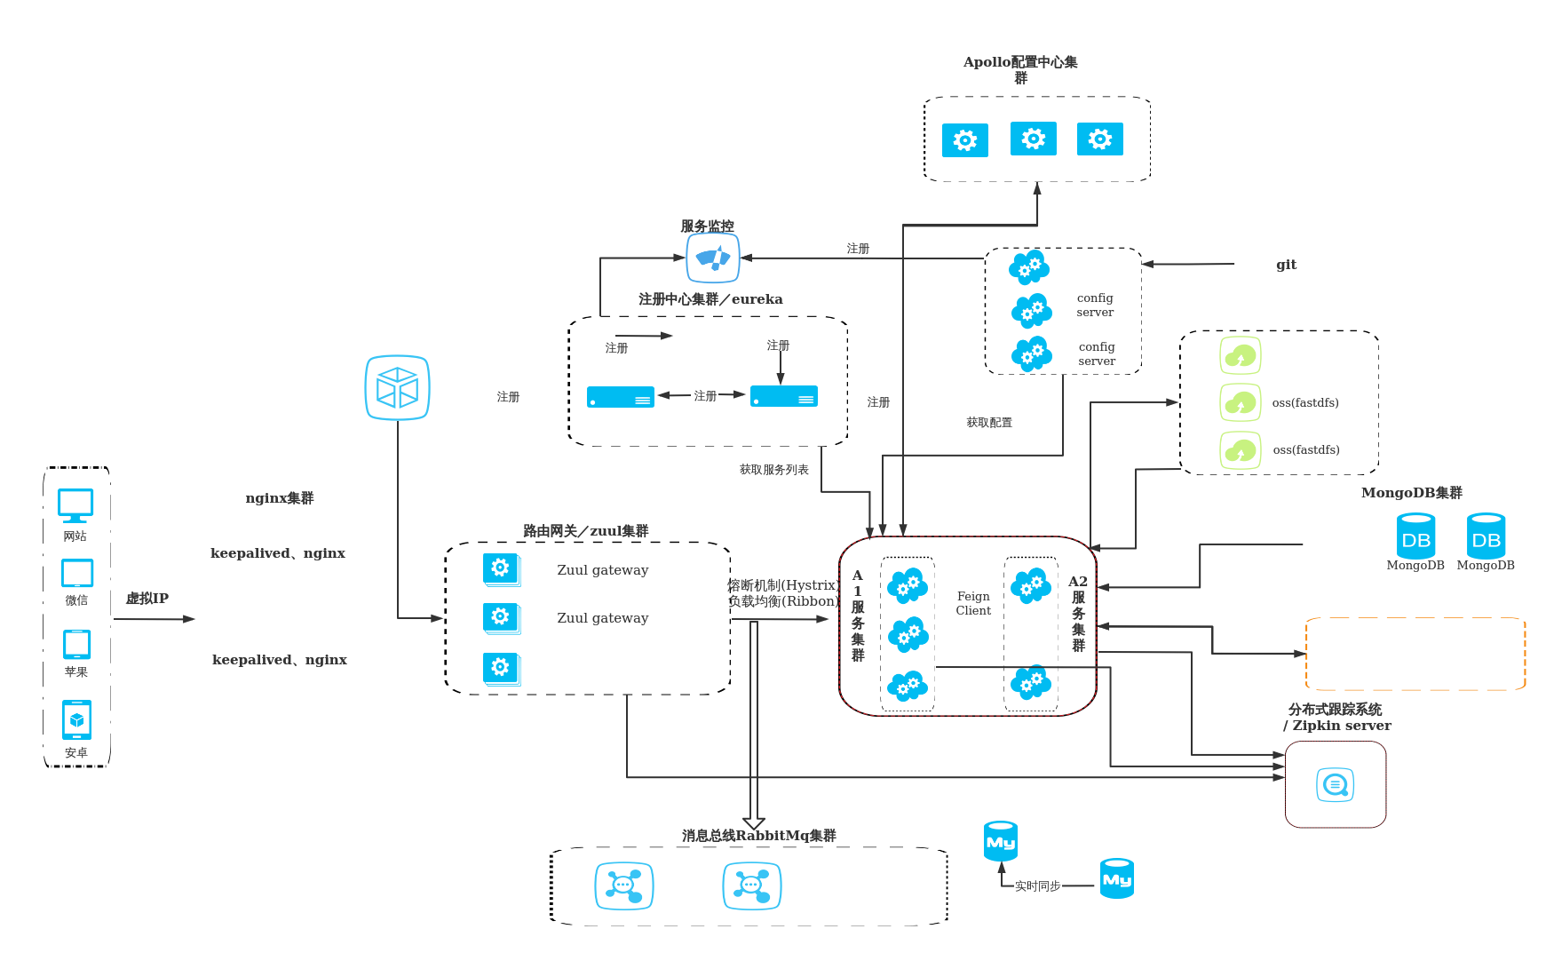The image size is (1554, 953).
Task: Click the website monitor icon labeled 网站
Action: tap(75, 504)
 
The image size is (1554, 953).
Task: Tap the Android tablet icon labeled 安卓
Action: tap(76, 719)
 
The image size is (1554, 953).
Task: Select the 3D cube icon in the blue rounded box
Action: tap(397, 387)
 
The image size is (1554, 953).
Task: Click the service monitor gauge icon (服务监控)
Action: tap(712, 258)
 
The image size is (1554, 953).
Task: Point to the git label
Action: tap(1286, 265)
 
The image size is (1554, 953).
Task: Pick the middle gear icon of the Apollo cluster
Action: tap(1033, 139)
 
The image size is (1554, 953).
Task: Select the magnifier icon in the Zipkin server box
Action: tap(1335, 785)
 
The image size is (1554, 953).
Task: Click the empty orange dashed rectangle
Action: tap(1415, 654)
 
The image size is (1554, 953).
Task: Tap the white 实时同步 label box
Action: tap(1037, 885)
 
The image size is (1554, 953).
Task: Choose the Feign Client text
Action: tap(973, 603)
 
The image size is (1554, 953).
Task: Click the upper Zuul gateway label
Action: tap(602, 570)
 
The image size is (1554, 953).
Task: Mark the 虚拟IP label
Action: tap(147, 599)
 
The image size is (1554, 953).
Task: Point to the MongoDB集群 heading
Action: tap(1411, 493)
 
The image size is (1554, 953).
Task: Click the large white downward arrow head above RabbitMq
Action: tap(753, 822)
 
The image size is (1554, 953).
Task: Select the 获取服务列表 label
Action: tap(773, 470)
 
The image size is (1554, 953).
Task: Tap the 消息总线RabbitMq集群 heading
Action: tap(758, 836)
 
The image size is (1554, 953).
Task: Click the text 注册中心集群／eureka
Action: tap(710, 299)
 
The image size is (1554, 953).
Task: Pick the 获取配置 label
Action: tap(989, 423)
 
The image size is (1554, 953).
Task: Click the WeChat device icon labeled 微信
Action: tap(77, 573)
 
